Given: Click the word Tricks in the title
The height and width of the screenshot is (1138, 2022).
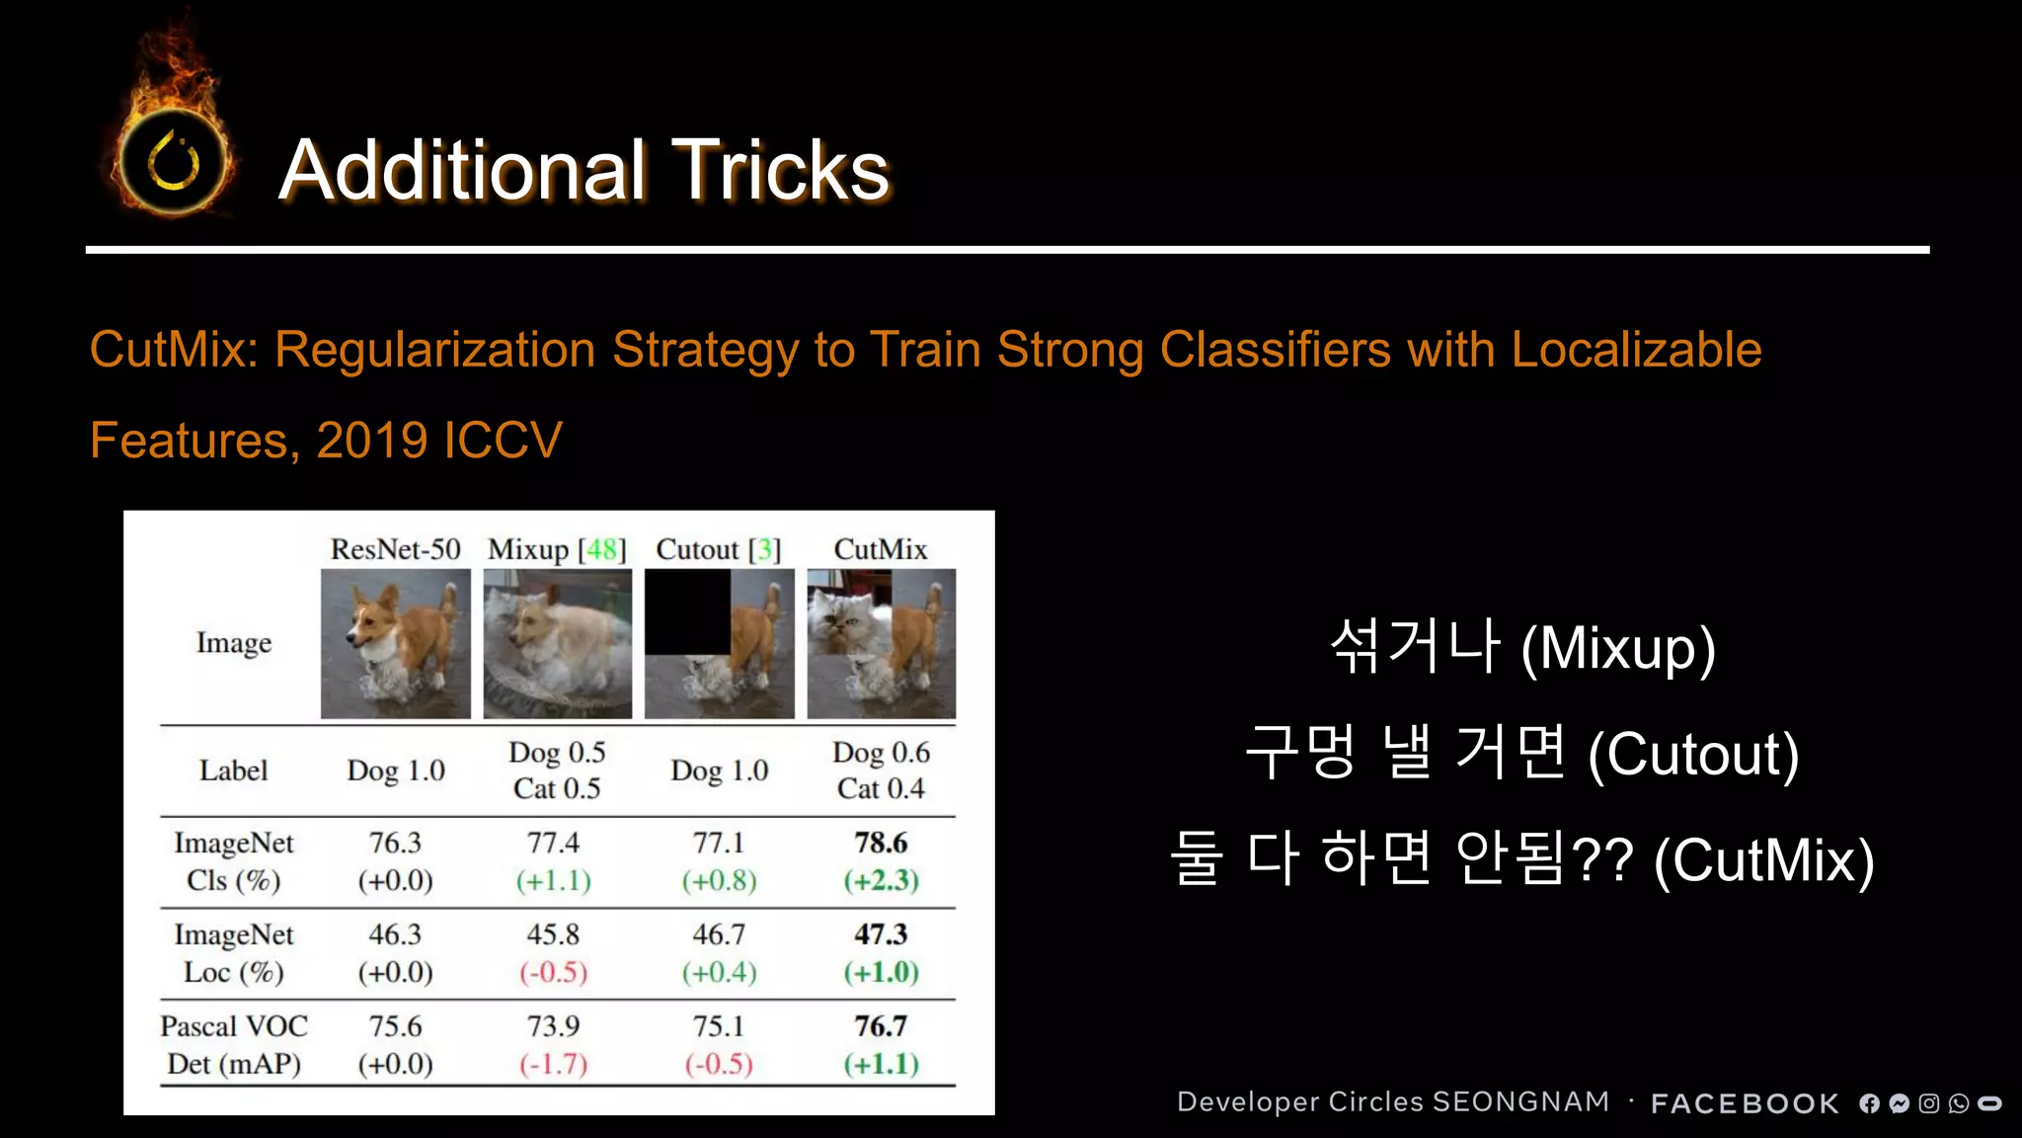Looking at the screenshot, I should tap(781, 170).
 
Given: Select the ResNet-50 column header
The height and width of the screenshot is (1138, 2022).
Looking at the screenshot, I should tap(395, 549).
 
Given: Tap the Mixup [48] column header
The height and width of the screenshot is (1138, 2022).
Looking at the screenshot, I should tap(557, 549).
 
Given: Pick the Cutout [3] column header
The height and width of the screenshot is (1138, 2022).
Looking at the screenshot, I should tap(718, 549).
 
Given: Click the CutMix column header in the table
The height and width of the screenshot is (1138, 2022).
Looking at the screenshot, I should tap(881, 549).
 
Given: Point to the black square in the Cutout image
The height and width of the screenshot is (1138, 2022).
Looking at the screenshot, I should tap(688, 611).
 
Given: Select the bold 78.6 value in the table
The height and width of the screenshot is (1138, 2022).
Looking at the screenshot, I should tap(881, 843).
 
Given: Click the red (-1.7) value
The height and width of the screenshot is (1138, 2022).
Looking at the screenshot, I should tap(553, 1064).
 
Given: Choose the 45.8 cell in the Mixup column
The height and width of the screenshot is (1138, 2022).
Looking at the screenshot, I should tap(553, 935).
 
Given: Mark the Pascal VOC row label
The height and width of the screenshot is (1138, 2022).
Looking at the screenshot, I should tap(234, 1027).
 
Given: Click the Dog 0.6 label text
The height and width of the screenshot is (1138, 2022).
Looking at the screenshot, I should tap(881, 753).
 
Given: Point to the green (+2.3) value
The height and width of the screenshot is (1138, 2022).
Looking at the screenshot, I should tap(881, 880).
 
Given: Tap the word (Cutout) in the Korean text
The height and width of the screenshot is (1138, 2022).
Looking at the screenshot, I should tap(1693, 755).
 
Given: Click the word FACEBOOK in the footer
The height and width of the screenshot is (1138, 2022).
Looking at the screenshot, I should tap(1745, 1103).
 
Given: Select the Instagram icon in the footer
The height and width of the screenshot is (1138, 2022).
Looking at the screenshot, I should tap(1928, 1103).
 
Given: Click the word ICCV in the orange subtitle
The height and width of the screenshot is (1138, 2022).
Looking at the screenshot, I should tap(504, 440).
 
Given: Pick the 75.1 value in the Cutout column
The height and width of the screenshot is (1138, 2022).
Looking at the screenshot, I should tap(718, 1026).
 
